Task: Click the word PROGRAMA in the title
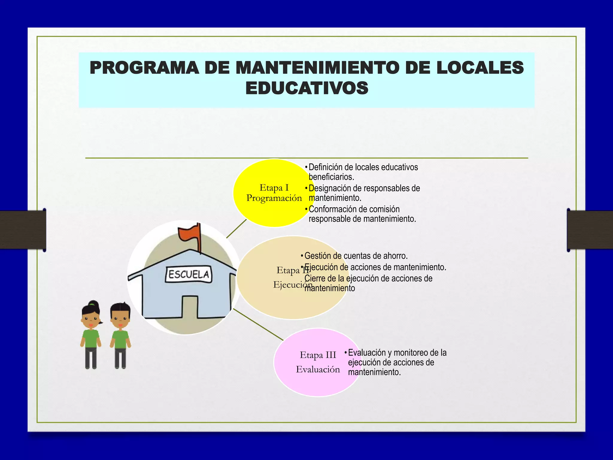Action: point(144,68)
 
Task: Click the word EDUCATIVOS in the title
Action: point(307,88)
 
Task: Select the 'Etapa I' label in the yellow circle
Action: point(274,188)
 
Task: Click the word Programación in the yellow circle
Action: point(274,198)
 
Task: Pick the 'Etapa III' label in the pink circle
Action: point(318,355)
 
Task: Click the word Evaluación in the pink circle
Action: point(318,369)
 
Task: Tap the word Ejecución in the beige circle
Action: point(292,285)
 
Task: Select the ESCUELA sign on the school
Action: point(189,274)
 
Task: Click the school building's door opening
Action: point(190,307)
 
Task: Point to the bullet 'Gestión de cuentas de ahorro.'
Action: point(356,256)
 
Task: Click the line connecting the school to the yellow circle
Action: point(236,229)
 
